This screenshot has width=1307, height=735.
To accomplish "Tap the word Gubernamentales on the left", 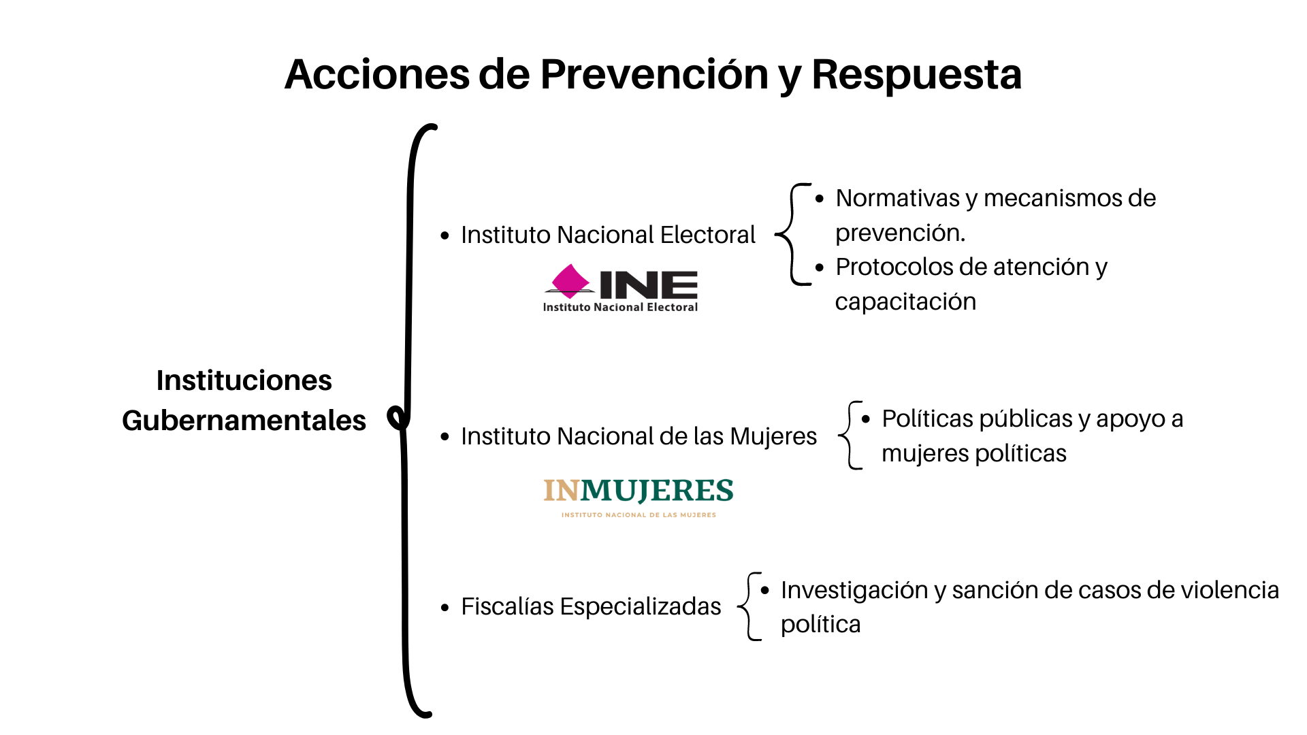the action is pos(244,421).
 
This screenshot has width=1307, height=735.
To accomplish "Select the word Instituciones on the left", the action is pos(244,380).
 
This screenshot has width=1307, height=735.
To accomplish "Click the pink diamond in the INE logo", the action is pos(570,280).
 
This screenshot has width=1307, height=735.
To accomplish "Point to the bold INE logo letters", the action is pos(649,284).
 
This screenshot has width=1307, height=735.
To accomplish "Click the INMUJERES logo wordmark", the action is pos(639,491).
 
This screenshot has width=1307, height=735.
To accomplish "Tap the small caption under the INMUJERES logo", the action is pos(639,515).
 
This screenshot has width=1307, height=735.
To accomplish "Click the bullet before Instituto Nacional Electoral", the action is pos(445,236).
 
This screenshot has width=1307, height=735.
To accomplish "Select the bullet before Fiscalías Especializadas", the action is pos(445,608).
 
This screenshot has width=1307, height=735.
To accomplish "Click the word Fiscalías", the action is pos(507,606).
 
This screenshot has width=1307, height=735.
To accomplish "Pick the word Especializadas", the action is pos(641,606).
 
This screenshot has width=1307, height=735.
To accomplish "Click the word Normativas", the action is pos(898,198).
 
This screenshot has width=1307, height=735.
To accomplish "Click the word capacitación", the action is pos(905,301).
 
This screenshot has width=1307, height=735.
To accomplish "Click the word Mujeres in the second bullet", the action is pos(773,436).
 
